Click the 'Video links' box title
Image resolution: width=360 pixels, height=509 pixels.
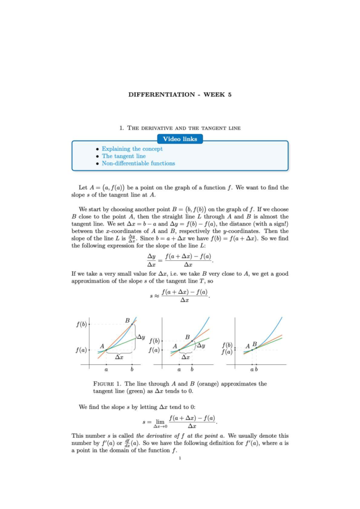(x=180, y=139)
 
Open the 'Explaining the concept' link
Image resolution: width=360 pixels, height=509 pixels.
(x=132, y=149)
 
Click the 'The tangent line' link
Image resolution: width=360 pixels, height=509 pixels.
(x=124, y=156)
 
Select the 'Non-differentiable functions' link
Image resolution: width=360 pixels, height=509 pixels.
(x=138, y=163)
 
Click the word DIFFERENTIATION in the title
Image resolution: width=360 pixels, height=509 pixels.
(x=161, y=94)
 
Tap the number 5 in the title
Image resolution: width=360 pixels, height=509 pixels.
(x=229, y=94)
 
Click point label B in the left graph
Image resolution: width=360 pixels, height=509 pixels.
(x=127, y=320)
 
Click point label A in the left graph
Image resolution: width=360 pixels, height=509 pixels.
(x=102, y=346)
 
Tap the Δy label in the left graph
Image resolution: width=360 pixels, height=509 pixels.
(x=141, y=337)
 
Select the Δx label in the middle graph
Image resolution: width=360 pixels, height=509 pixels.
(x=186, y=357)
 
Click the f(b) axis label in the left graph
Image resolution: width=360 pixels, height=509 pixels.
(x=81, y=324)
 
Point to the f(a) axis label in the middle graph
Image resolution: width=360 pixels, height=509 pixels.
(x=154, y=350)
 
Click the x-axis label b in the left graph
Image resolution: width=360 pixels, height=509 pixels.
(x=132, y=369)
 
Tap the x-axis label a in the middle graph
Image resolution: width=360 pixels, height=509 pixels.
(x=179, y=370)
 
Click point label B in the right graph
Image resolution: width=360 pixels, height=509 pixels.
(x=255, y=344)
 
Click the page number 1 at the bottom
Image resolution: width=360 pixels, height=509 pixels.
(x=180, y=458)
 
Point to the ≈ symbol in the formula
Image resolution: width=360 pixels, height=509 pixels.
(x=156, y=296)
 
